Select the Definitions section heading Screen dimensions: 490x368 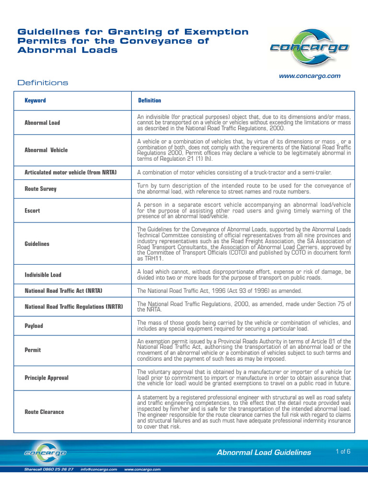(43, 83)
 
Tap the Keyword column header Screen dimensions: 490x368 (35, 100)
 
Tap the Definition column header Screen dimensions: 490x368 (149, 100)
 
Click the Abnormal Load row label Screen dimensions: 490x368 (42, 123)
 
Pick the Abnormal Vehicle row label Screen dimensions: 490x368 (46, 150)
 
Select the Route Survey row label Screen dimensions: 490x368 (40, 189)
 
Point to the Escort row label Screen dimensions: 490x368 (33, 210)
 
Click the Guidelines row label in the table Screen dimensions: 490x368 (37, 244)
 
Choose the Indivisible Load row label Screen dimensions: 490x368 (43, 275)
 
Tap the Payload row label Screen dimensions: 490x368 (34, 326)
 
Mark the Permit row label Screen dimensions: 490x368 (33, 350)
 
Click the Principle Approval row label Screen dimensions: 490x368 (46, 378)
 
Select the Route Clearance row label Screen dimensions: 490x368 (44, 412)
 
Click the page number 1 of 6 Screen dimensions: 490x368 (344, 451)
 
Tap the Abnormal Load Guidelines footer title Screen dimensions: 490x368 (264, 452)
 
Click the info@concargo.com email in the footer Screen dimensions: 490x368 (99, 469)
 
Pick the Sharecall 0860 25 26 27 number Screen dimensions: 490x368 (49, 469)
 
